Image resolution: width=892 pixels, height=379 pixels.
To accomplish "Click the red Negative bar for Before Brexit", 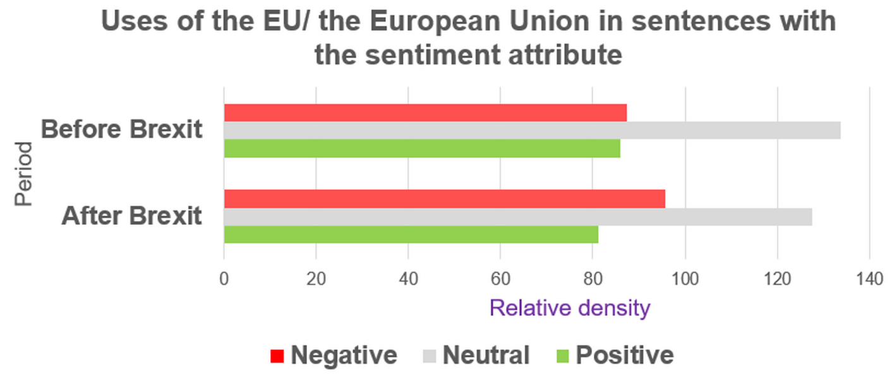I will click(425, 112).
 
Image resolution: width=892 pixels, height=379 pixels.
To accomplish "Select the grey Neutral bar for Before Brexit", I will click(532, 130).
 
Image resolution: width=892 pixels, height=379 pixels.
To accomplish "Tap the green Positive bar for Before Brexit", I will click(422, 148).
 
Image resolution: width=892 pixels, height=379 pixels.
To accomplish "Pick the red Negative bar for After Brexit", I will click(444, 198).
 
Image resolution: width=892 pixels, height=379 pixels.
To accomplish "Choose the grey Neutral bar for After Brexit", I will click(518, 217).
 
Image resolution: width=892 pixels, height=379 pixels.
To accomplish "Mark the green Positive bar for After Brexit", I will click(411, 234).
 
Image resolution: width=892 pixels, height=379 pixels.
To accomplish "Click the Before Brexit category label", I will click(122, 129).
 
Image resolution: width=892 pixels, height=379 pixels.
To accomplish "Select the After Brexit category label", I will click(131, 216).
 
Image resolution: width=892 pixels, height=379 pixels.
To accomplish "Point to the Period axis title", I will click(23, 174).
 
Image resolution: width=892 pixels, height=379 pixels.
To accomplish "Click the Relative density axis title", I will click(569, 308).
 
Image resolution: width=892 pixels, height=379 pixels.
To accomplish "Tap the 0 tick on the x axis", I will click(224, 279).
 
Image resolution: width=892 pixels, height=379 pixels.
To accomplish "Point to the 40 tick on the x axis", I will click(408, 279).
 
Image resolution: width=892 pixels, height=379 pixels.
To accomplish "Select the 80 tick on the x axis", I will click(593, 279).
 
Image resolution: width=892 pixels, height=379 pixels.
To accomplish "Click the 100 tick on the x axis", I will click(685, 279).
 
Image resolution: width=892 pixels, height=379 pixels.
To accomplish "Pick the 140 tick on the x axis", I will click(869, 279).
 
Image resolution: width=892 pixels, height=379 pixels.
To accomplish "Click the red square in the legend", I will click(277, 356).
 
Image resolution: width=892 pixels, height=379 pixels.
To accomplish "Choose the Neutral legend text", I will click(486, 356).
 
